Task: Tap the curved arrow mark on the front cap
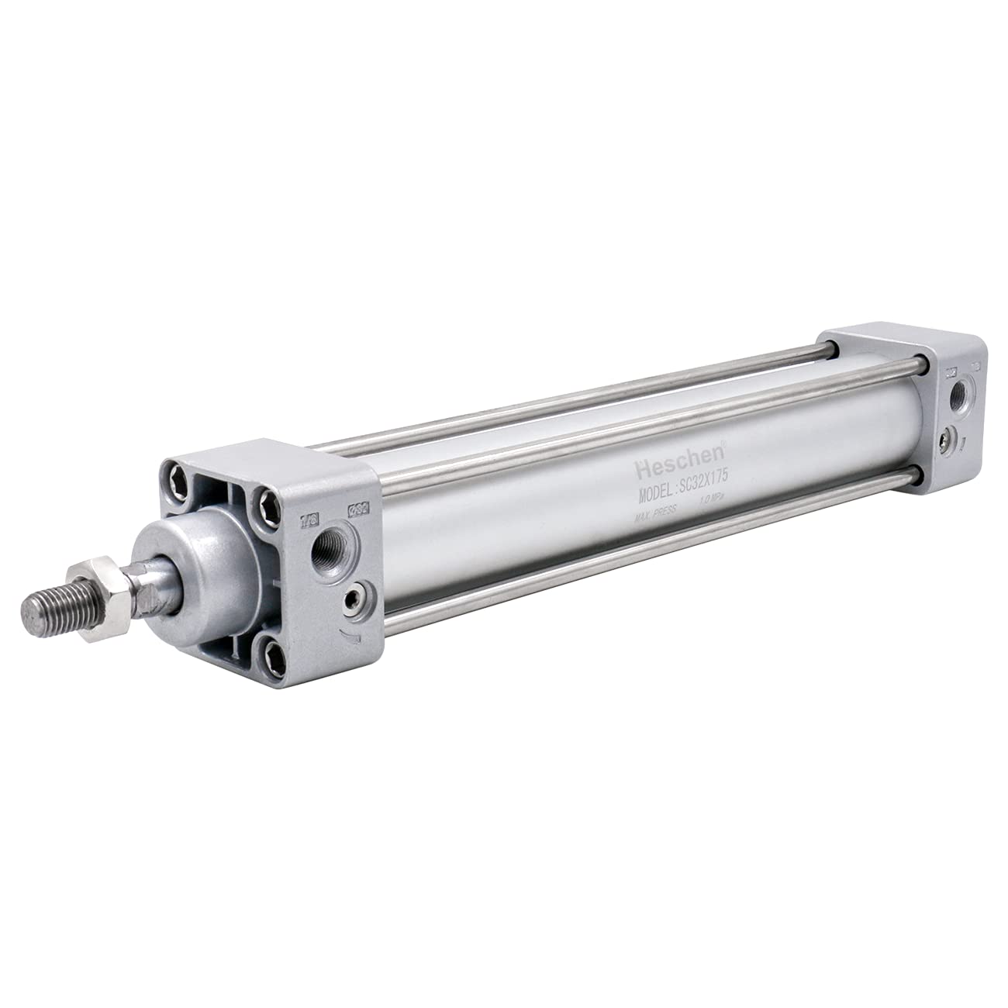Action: [353, 635]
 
